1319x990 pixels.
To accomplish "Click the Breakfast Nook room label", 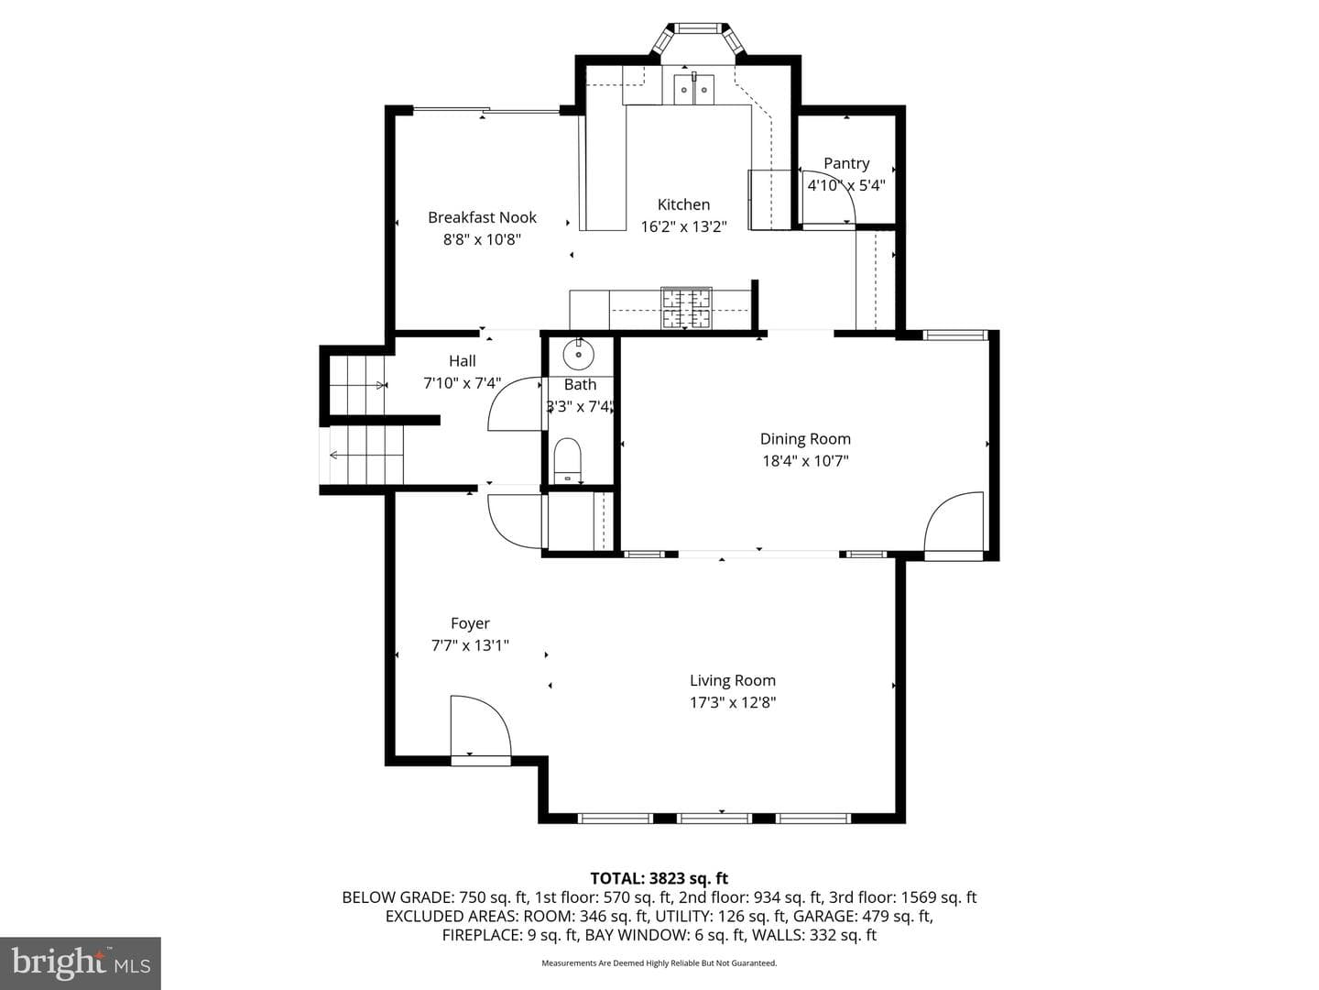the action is click(482, 217).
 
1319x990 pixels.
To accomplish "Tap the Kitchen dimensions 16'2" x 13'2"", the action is click(684, 226).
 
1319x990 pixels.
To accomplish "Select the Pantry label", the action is click(846, 163).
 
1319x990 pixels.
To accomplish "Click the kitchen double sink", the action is click(693, 90).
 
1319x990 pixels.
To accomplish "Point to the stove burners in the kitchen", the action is click(686, 308).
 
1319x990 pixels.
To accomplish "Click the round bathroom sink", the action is click(578, 354).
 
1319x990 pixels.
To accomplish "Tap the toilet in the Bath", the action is click(567, 461).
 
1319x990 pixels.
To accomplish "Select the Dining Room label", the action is click(805, 439).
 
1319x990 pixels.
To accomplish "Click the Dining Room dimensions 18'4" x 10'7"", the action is click(805, 461).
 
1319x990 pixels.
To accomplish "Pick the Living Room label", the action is click(733, 680).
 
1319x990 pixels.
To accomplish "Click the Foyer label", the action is click(470, 623).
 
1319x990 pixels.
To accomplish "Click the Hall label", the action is click(462, 360).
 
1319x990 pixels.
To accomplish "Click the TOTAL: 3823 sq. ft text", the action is click(659, 878).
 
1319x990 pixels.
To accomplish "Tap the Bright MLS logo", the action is click(81, 963).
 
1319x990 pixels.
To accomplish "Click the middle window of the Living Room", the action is click(714, 818).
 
